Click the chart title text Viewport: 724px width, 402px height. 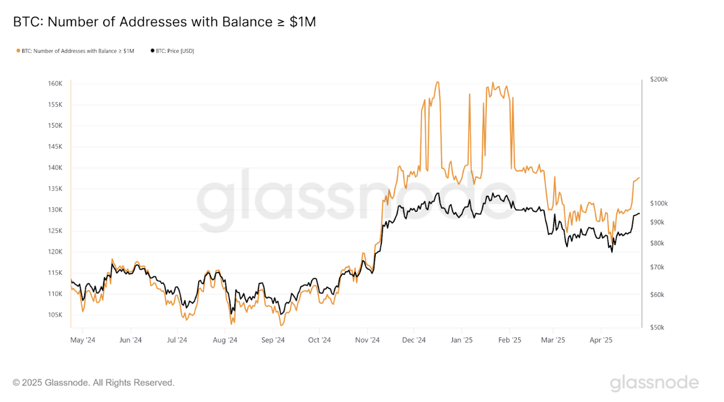click(x=164, y=22)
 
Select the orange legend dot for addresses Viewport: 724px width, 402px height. click(x=18, y=51)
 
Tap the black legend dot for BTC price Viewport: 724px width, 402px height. click(x=152, y=51)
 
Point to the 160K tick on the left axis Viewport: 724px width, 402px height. click(x=55, y=84)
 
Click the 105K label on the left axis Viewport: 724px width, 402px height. click(x=55, y=315)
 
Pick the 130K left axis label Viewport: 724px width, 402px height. click(x=55, y=210)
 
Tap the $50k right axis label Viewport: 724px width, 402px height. click(x=657, y=328)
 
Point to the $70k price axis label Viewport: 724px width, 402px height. click(x=657, y=267)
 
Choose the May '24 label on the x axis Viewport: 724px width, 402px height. click(x=83, y=340)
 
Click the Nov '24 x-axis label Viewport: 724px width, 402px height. click(x=367, y=340)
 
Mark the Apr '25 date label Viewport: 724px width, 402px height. click(x=601, y=340)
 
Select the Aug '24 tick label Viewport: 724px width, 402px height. click(x=225, y=340)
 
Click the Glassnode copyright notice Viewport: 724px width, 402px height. click(x=94, y=383)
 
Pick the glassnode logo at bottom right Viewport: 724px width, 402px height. click(x=654, y=383)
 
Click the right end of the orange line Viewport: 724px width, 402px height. click(x=639, y=178)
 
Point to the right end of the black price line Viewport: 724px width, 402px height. click(x=639, y=214)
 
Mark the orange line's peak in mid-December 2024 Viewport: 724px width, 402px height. click(x=438, y=82)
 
